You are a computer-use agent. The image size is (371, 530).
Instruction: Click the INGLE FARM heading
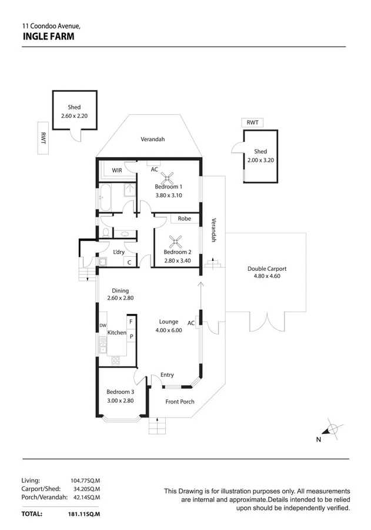click(x=48, y=36)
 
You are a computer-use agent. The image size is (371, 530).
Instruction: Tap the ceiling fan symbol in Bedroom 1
click(x=169, y=177)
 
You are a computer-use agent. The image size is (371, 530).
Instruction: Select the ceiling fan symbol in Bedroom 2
click(x=175, y=241)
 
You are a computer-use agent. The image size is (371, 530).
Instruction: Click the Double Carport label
click(x=266, y=269)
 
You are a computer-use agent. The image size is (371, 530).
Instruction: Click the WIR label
click(x=116, y=170)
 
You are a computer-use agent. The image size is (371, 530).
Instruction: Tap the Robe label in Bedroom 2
click(x=185, y=218)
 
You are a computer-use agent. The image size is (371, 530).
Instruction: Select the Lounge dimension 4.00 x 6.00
click(x=169, y=330)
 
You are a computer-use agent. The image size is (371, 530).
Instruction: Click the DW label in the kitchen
click(x=102, y=326)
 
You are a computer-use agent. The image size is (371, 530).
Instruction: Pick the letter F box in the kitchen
click(x=131, y=322)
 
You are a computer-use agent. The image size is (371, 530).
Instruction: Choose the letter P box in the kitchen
click(x=131, y=336)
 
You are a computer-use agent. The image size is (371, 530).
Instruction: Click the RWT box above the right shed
click(x=252, y=122)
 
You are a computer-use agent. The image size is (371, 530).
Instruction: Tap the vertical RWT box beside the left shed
click(x=43, y=138)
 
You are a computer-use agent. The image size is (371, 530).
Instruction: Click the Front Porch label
click(x=180, y=402)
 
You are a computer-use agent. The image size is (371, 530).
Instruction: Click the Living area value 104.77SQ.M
click(x=85, y=481)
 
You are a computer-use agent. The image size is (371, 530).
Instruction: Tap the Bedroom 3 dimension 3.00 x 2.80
click(x=120, y=400)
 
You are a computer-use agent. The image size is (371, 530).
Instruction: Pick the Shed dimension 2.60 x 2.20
click(x=74, y=116)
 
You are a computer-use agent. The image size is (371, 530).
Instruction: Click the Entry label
click(x=167, y=375)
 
